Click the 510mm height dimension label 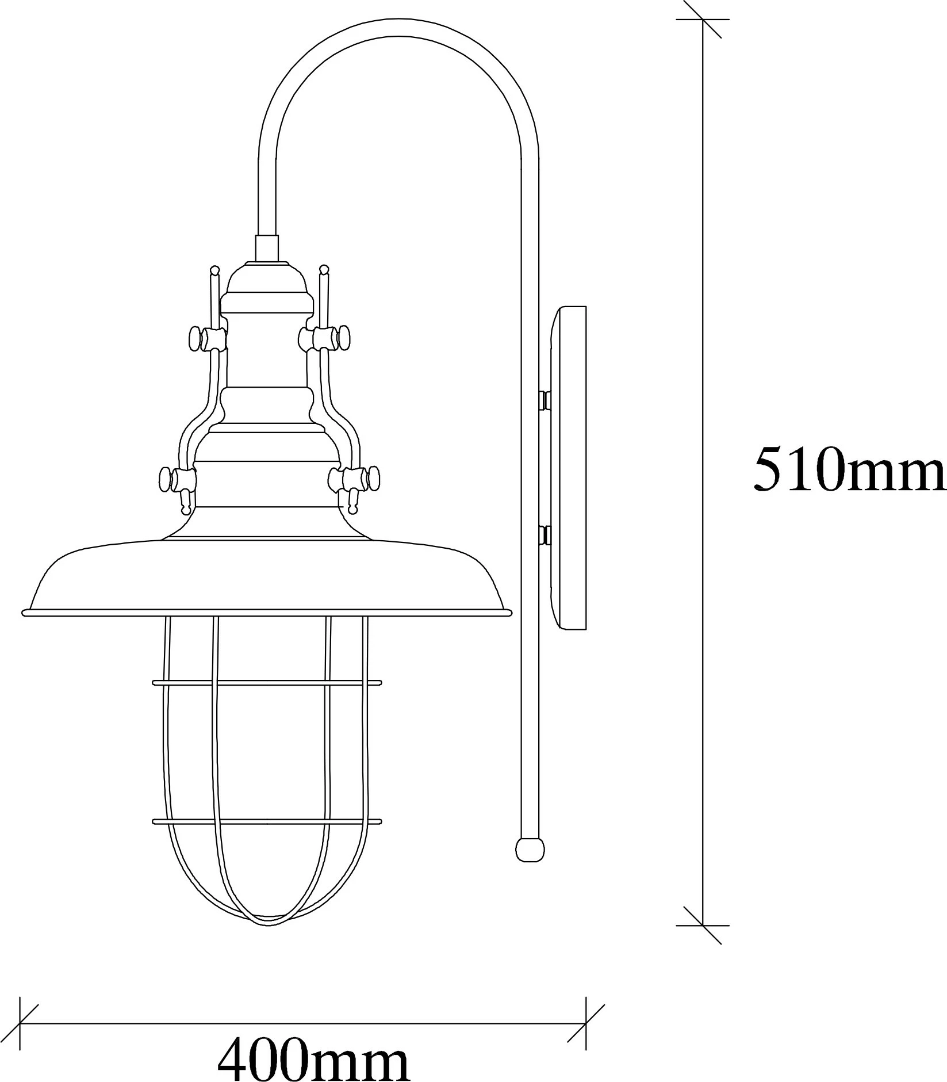click(x=849, y=469)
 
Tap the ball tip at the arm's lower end click(x=530, y=849)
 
